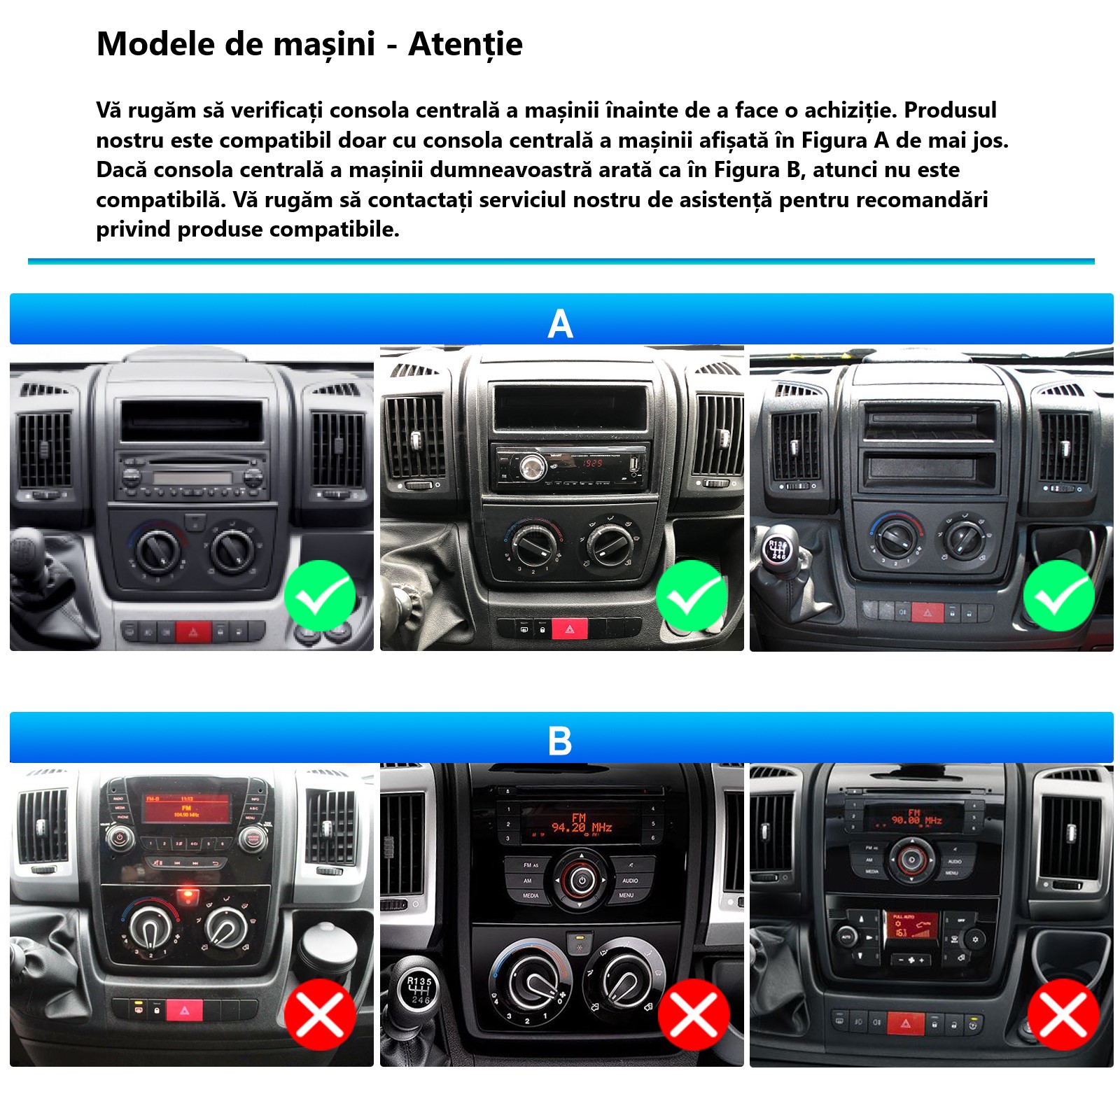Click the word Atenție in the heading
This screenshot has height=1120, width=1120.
(x=465, y=45)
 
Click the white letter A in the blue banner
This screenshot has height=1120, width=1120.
(x=560, y=324)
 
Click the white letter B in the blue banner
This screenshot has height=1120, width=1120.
(x=560, y=741)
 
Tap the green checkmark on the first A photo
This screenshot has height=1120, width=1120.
(x=320, y=596)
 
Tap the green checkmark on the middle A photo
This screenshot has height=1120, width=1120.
(x=692, y=596)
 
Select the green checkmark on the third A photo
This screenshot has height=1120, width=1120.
(x=1059, y=596)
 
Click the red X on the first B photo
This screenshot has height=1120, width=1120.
(x=320, y=1014)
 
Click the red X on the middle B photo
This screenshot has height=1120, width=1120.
(x=694, y=1014)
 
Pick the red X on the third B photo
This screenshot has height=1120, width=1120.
(x=1063, y=1014)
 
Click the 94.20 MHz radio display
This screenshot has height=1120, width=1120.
(x=581, y=824)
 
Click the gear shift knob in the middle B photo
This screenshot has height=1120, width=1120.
(x=419, y=989)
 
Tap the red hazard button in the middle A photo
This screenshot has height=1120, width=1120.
(x=570, y=629)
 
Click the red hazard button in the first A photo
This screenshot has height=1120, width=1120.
(x=193, y=631)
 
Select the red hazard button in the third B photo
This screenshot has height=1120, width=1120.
(x=906, y=1023)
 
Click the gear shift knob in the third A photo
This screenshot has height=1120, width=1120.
(x=778, y=549)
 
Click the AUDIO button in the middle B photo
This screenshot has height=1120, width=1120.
(x=630, y=880)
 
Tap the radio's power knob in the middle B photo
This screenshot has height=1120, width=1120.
(x=582, y=879)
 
